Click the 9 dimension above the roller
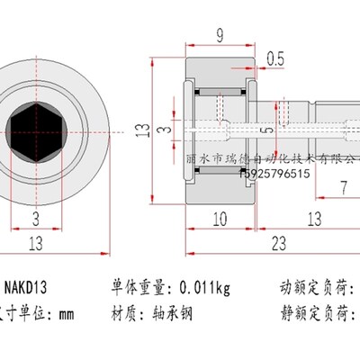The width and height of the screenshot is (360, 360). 220,37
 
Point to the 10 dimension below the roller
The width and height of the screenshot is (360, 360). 220,219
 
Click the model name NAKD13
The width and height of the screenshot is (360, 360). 27,289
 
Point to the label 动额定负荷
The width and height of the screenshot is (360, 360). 315,289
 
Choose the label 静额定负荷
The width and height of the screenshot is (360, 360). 315,315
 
